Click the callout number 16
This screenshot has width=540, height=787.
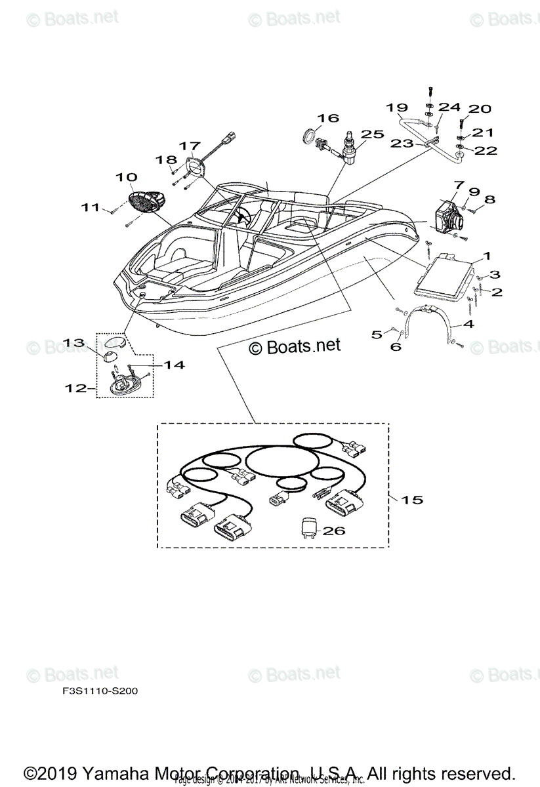[329, 118]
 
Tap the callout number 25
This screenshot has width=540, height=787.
[372, 134]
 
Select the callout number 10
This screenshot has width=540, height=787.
[127, 177]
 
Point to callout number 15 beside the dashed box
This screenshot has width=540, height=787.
[412, 500]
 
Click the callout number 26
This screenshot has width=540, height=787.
[333, 531]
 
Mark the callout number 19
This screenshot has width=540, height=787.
[397, 107]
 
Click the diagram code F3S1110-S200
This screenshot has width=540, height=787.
[96, 691]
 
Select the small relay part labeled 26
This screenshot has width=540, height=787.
[309, 528]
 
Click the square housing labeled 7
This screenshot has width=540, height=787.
[449, 213]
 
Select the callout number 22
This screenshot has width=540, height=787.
[486, 151]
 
